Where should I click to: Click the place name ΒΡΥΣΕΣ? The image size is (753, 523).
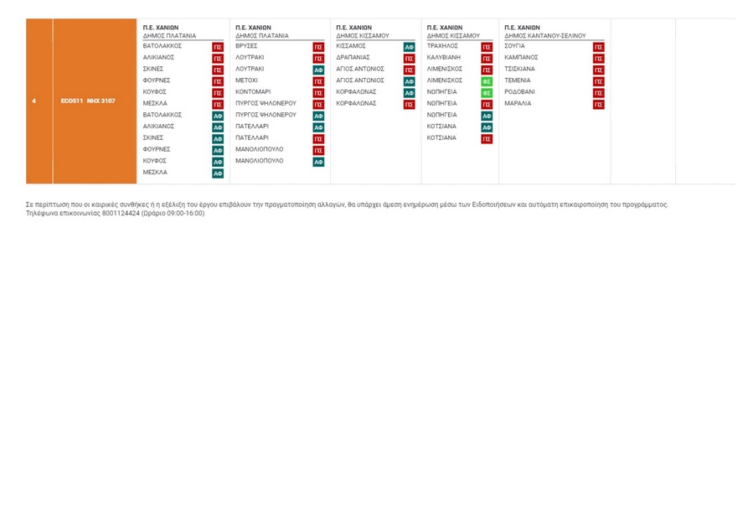click(246, 46)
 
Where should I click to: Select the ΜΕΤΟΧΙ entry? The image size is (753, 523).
click(246, 80)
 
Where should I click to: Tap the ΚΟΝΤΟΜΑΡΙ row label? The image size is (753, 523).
click(253, 92)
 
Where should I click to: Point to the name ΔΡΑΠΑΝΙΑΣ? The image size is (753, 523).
click(353, 58)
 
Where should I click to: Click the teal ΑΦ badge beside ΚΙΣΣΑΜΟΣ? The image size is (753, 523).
click(409, 47)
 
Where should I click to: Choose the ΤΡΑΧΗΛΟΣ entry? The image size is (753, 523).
click(442, 46)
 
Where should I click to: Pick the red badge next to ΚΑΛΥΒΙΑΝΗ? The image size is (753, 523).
click(487, 59)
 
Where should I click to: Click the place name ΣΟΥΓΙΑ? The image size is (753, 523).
click(514, 46)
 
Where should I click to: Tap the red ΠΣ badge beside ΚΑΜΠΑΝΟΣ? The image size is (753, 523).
click(598, 59)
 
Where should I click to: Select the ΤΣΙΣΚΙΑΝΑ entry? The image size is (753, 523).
click(519, 69)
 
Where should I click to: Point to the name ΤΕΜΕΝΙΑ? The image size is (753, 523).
click(518, 80)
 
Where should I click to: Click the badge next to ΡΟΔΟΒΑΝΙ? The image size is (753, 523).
click(598, 93)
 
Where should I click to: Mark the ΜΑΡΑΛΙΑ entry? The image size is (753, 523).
click(518, 104)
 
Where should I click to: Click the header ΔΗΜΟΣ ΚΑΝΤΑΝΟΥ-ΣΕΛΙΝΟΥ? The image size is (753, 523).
click(544, 36)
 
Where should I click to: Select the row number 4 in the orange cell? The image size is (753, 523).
click(34, 101)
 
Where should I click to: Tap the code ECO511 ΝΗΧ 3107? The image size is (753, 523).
click(88, 101)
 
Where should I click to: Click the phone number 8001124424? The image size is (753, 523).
click(121, 213)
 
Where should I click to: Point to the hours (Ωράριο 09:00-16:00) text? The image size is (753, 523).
click(173, 213)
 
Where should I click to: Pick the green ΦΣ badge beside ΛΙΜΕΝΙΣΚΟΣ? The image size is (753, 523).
click(487, 81)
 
